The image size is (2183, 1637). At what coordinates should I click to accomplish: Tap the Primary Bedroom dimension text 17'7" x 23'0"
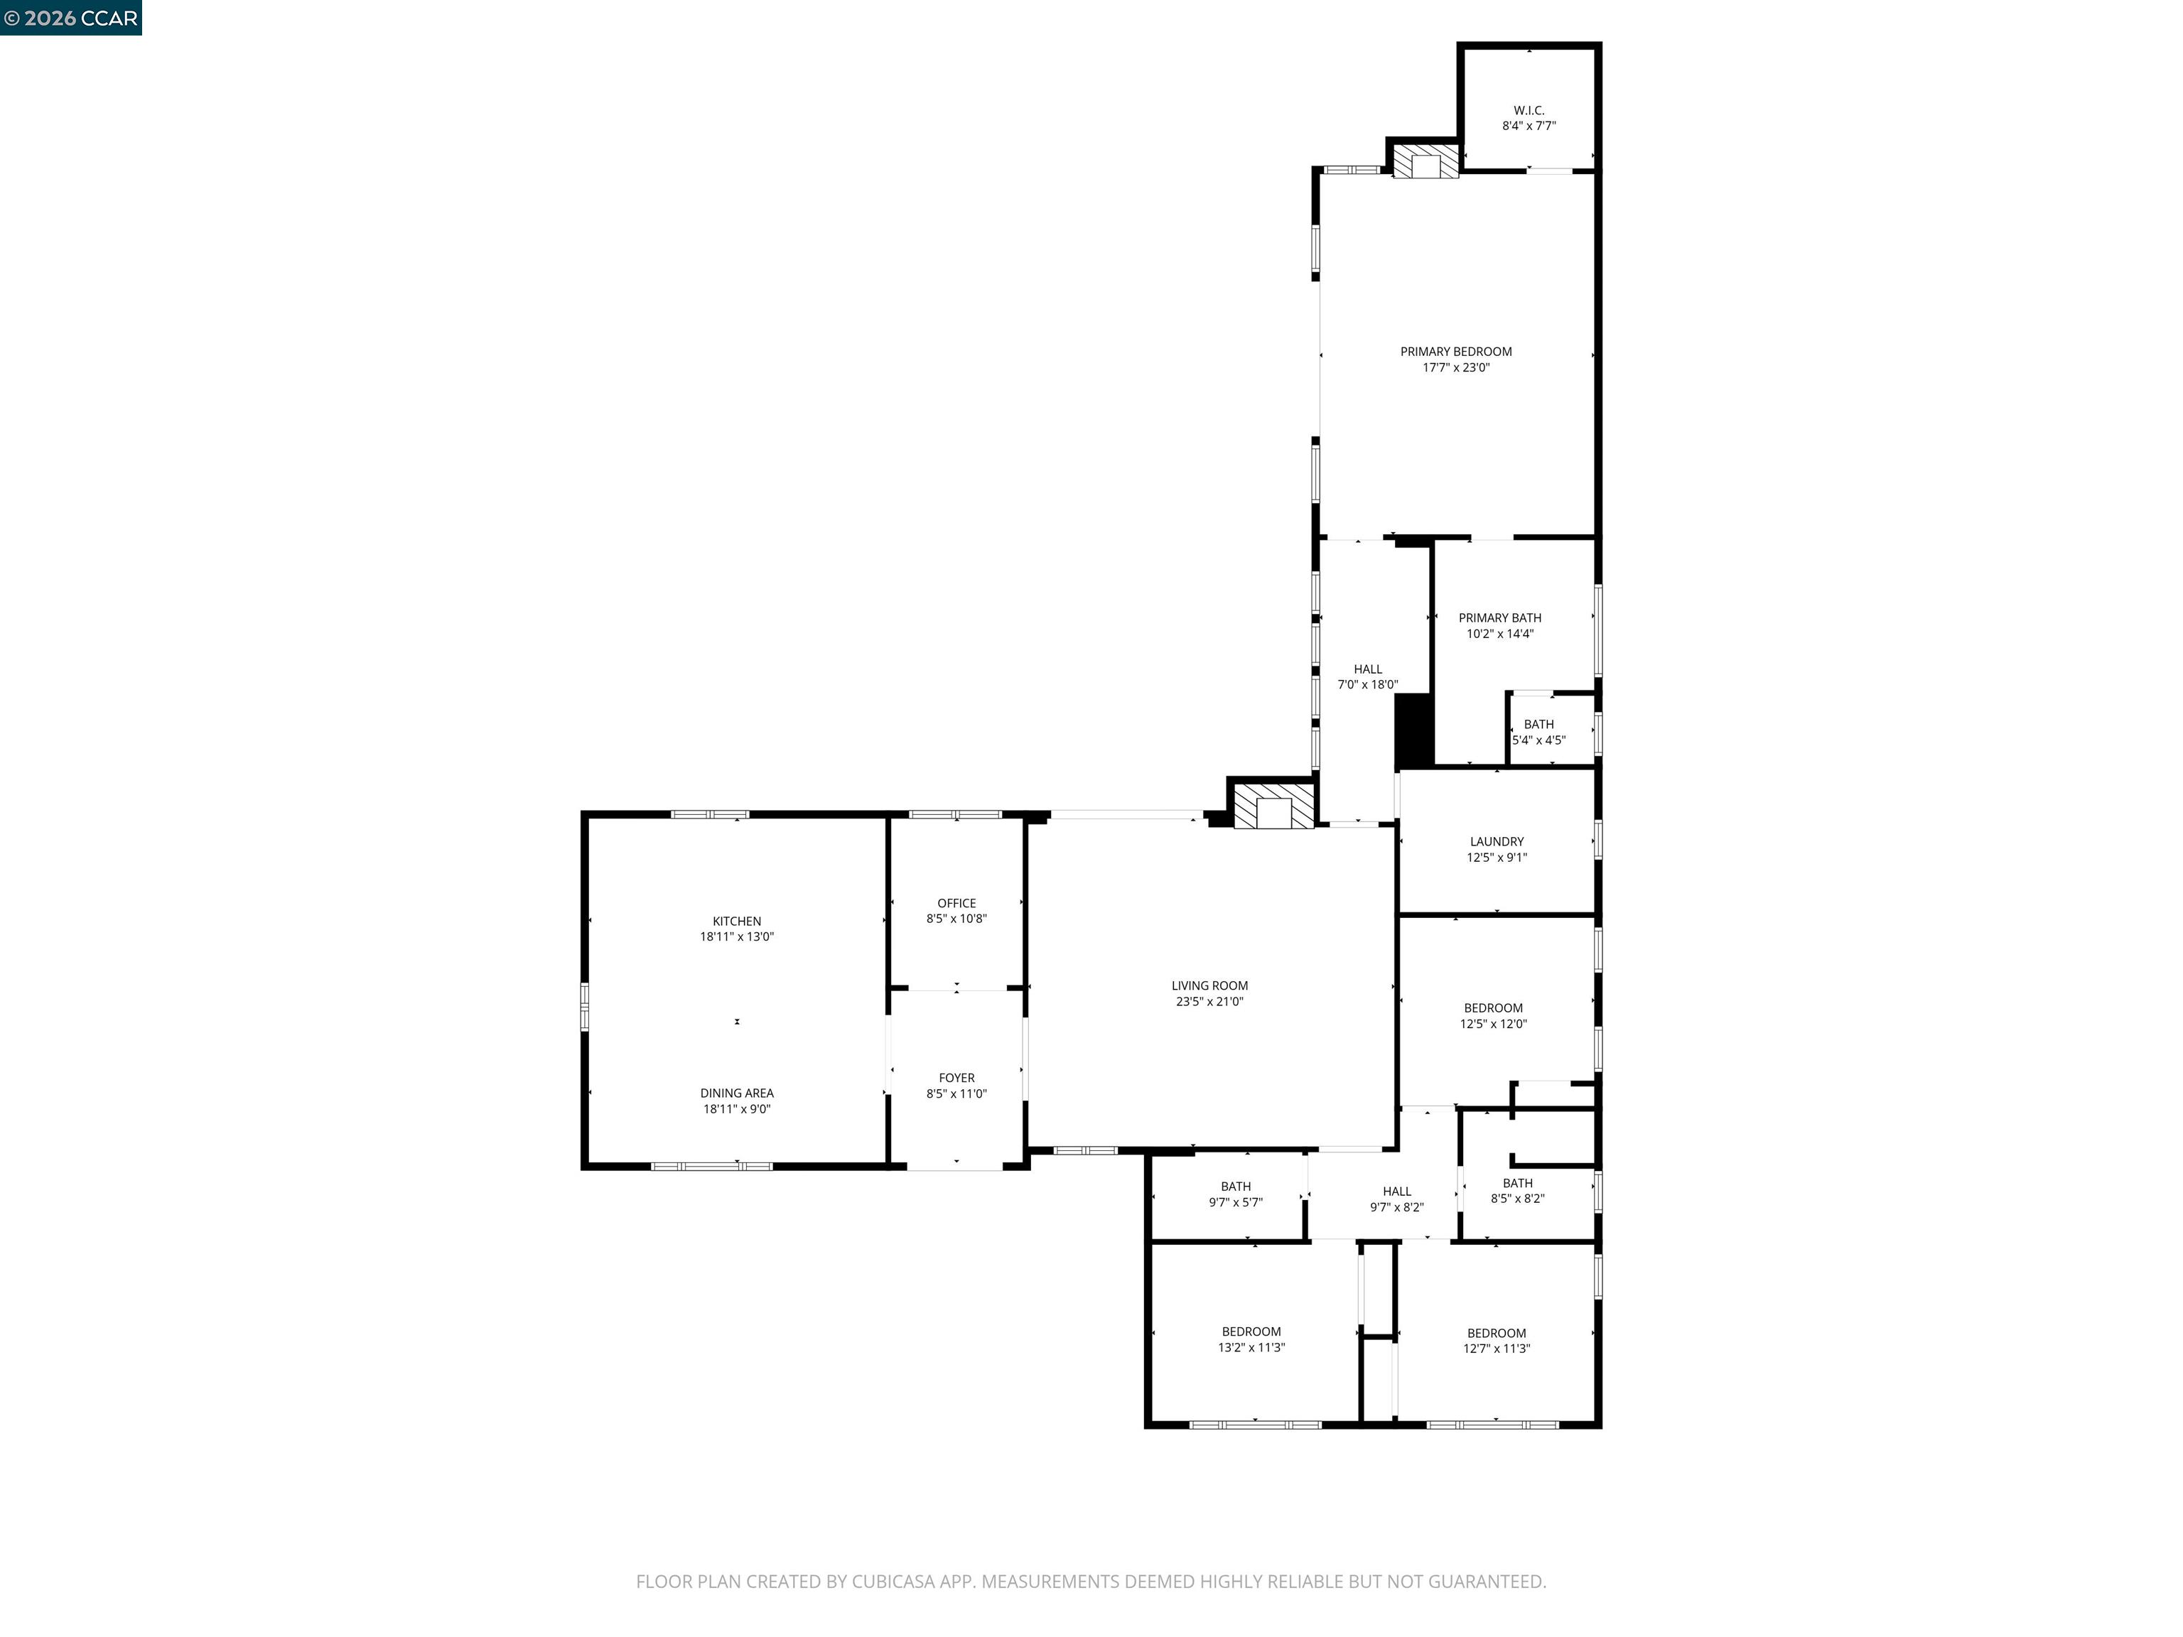[1455, 368]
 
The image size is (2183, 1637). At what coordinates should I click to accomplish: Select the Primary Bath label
[1499, 617]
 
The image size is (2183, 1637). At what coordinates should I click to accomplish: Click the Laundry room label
[1496, 842]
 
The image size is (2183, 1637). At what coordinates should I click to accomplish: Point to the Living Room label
[1209, 985]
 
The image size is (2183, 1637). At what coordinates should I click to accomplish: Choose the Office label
[956, 903]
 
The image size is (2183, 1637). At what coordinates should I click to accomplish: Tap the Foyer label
[956, 1078]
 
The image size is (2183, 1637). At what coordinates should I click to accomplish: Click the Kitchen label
[736, 922]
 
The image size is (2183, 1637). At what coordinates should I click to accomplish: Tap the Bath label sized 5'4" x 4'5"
[1538, 724]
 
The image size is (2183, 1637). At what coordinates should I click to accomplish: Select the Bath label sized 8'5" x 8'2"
[1517, 1183]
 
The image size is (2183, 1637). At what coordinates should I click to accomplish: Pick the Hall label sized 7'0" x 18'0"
[1368, 669]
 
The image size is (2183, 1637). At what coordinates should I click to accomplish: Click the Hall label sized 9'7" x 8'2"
[1396, 1191]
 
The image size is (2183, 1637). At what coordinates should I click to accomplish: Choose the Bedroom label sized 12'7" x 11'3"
[1496, 1333]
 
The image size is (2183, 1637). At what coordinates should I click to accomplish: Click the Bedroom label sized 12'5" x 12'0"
[1493, 1008]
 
